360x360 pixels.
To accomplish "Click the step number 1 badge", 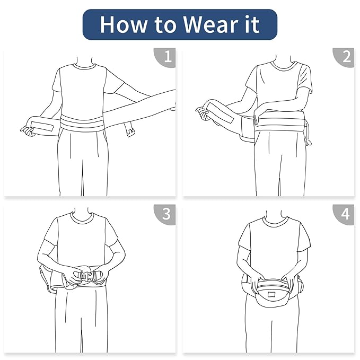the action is pos(165,57).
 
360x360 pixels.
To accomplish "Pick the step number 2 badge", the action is pos(344,57).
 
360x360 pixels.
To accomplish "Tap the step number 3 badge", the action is pos(165,214).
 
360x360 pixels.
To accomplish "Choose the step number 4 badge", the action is pos(344,214).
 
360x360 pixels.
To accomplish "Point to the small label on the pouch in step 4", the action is pos(273,295).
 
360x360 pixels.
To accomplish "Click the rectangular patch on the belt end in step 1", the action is pos(42,126).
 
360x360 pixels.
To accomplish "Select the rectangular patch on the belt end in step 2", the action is pos(221,113).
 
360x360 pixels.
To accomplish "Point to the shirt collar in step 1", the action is pos(84,66).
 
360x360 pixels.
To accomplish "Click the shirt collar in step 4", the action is pos(275,221).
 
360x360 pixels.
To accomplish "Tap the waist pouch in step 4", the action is pos(273,293).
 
